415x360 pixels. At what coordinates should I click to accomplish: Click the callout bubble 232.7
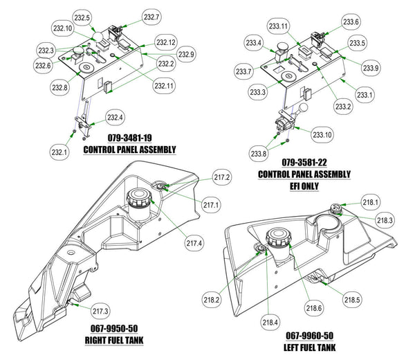click(x=152, y=16)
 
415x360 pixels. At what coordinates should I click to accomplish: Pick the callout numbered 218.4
click(x=270, y=322)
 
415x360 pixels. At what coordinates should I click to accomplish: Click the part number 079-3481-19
click(x=129, y=138)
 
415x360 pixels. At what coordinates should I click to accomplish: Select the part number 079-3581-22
click(x=304, y=163)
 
